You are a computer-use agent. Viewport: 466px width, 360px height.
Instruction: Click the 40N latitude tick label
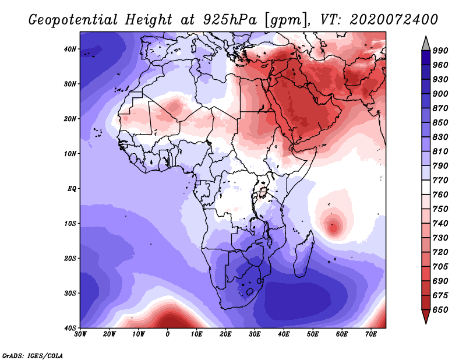70,49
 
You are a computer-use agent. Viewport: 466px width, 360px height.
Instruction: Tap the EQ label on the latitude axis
72,189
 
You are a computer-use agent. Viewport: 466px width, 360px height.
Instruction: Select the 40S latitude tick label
70,328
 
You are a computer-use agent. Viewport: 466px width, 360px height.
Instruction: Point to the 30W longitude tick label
80,334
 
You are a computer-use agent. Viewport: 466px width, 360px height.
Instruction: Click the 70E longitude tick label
371,334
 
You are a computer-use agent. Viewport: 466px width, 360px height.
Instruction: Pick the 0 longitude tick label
168,334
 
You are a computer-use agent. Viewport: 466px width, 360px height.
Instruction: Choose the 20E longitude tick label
225,334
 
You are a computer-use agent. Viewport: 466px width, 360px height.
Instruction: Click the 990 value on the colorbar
440,51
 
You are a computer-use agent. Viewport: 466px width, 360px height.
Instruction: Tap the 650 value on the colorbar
440,310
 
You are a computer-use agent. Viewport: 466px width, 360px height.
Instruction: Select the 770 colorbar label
440,181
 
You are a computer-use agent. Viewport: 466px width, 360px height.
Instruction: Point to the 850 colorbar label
440,123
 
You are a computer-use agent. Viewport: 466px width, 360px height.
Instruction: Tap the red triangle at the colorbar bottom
426,316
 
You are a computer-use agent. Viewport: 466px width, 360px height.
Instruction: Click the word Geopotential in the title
73,20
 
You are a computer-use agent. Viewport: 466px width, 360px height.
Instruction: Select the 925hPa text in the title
230,20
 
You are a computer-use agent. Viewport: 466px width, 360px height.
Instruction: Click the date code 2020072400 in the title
394,20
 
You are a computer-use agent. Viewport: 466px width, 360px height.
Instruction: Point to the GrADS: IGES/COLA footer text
33,356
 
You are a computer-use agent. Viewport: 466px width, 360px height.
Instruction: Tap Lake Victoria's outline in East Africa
263,192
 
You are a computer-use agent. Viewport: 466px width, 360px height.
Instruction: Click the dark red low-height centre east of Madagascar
333,228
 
